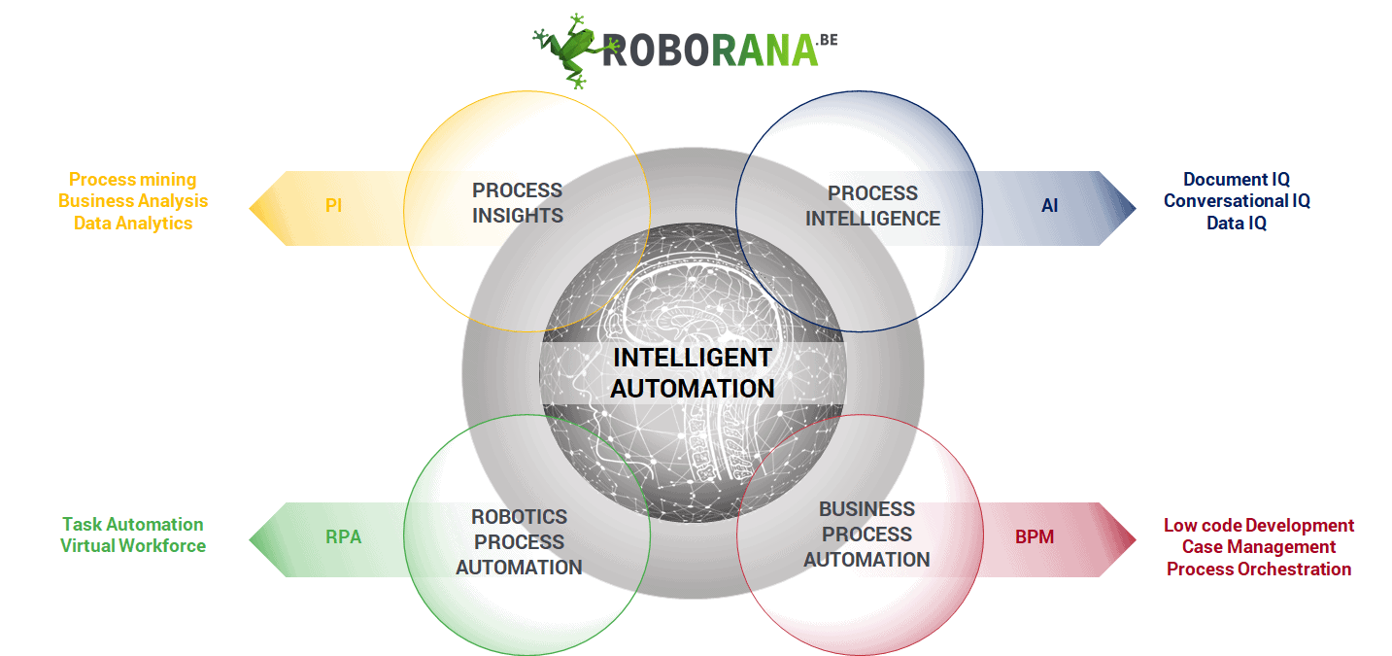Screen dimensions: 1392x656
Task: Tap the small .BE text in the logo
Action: pos(828,40)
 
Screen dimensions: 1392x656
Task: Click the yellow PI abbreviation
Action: pos(334,205)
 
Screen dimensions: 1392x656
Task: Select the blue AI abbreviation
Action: pos(1050,205)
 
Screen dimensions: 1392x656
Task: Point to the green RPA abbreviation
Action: pos(343,536)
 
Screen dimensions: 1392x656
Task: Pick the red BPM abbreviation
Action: pos(1035,536)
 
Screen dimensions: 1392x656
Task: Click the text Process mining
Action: pos(132,180)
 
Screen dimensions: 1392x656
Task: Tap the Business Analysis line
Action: pos(133,201)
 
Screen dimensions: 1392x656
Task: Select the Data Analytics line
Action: pos(133,224)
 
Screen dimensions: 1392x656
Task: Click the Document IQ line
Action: pos(1237,180)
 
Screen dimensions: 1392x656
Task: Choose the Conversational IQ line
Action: pos(1237,201)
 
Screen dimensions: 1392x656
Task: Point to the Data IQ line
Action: pos(1237,224)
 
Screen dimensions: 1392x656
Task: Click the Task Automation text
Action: pos(133,524)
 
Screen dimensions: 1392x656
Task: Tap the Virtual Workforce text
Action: pos(133,546)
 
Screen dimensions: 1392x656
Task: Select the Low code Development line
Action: pos(1259,526)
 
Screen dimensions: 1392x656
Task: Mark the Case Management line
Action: pos(1259,547)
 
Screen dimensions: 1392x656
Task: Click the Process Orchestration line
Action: pos(1259,569)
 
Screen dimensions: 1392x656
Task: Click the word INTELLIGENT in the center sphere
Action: pos(693,359)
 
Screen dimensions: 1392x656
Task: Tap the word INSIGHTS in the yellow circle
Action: pos(518,216)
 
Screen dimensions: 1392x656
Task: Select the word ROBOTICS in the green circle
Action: pos(519,517)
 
